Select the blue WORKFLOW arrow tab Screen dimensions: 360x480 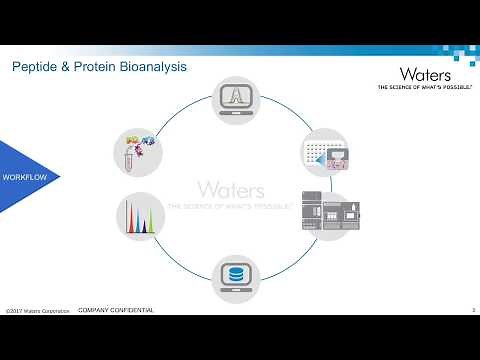(x=28, y=177)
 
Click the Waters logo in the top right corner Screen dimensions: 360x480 (x=425, y=74)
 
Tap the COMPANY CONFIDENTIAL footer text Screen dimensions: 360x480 (x=116, y=311)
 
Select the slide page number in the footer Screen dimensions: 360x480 (x=471, y=311)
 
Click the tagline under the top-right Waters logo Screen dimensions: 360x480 (x=424, y=88)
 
